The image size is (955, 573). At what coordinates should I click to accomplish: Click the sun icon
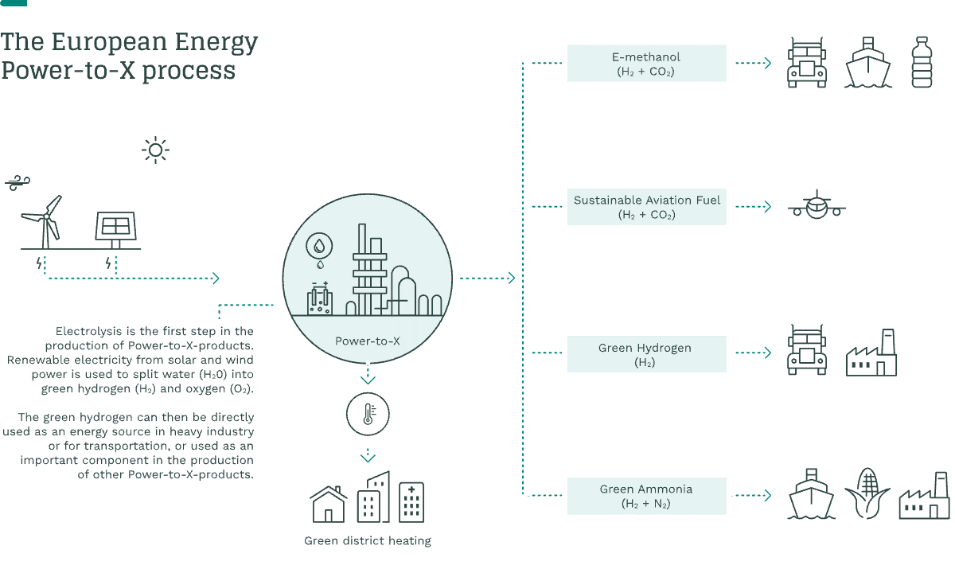(155, 150)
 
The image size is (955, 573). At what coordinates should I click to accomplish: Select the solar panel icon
(115, 228)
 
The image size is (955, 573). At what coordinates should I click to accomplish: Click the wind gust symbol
(16, 184)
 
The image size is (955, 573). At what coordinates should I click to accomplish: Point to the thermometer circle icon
(368, 414)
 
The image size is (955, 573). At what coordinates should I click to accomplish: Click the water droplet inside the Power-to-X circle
(320, 245)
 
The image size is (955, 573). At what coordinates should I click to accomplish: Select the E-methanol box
(646, 64)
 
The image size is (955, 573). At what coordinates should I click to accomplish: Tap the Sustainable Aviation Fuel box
(646, 207)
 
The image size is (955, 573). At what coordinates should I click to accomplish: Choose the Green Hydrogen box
(646, 354)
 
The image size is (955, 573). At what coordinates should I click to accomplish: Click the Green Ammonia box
(646, 496)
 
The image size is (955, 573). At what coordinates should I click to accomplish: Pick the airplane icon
(817, 207)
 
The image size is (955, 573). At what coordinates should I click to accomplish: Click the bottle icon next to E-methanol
(921, 62)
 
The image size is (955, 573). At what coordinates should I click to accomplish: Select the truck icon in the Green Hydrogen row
(806, 350)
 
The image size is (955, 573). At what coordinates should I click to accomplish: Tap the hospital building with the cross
(411, 501)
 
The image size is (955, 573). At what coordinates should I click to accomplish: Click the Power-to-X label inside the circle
(367, 341)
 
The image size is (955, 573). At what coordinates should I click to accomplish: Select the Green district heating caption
(367, 541)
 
